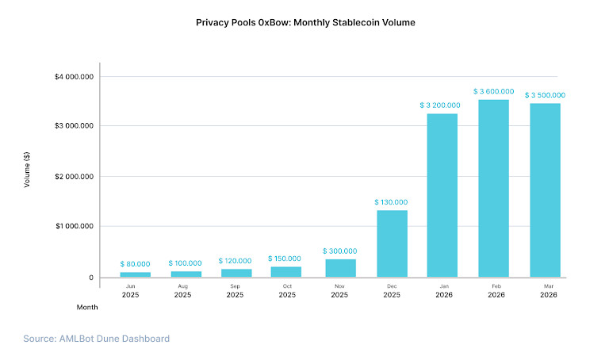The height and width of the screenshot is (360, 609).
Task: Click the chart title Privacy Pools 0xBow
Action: click(305, 22)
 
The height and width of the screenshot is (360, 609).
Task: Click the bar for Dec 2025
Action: click(392, 243)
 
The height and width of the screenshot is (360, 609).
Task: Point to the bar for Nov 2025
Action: click(340, 268)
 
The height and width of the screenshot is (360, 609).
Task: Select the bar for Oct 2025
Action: click(287, 271)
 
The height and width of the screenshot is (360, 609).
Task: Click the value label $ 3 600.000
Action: click(493, 91)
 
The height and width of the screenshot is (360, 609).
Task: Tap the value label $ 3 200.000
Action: click(442, 105)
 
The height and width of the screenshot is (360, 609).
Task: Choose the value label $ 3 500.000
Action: click(545, 95)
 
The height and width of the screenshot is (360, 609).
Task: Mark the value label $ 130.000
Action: click(392, 202)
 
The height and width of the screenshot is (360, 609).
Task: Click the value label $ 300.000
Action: click(340, 251)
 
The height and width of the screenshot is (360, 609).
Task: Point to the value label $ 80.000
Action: click(135, 263)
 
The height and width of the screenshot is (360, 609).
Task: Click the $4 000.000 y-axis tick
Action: click(75, 77)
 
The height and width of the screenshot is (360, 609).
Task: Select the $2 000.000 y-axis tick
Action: click(75, 176)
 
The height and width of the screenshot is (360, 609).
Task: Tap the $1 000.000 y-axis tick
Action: click(75, 227)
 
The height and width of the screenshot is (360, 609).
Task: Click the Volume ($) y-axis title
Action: click(27, 169)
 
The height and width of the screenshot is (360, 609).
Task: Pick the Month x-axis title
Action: click(87, 306)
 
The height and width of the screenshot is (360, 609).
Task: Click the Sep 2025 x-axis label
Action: click(236, 289)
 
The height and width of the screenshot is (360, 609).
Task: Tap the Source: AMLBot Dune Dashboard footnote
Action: click(96, 339)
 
